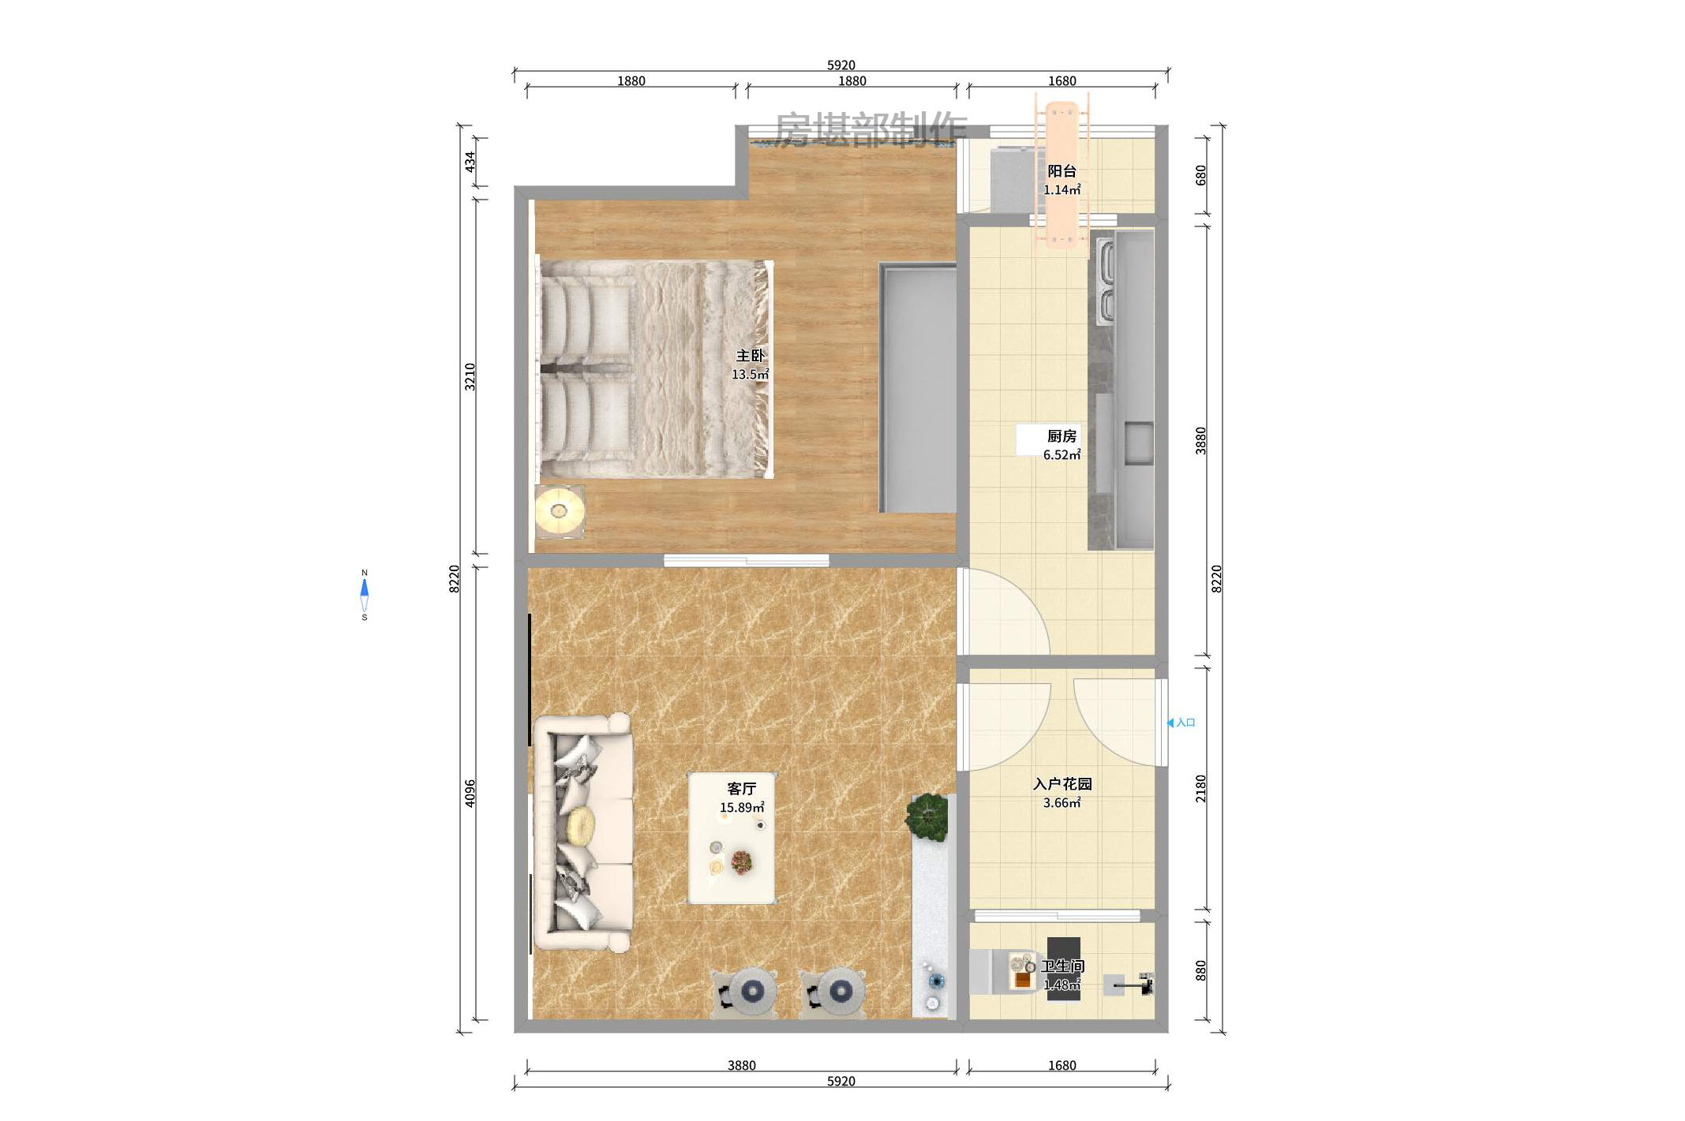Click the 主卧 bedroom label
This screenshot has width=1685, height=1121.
[750, 356]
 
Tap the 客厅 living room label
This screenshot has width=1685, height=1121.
[741, 788]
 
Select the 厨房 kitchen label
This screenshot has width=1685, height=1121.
[1062, 436]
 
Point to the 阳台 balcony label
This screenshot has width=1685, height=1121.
[1062, 171]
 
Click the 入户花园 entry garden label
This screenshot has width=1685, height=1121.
[1062, 783]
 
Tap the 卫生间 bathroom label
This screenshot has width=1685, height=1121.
[1062, 966]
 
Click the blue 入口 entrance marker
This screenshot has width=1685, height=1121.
[1181, 723]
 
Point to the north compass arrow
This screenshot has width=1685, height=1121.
[365, 588]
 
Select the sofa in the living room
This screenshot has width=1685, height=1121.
[584, 832]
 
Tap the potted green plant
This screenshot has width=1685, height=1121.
[927, 816]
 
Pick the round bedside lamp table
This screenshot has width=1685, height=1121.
[560, 511]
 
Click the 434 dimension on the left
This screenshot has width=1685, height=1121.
[470, 163]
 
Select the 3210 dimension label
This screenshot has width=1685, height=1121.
[470, 377]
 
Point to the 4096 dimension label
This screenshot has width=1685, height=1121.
[470, 793]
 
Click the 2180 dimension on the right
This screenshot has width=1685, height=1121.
[1200, 788]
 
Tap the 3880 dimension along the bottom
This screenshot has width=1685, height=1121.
[741, 1065]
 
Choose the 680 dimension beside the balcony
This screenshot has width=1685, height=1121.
[1200, 175]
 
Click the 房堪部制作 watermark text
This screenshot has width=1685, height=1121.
[871, 129]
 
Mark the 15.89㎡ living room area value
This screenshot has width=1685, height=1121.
[741, 807]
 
